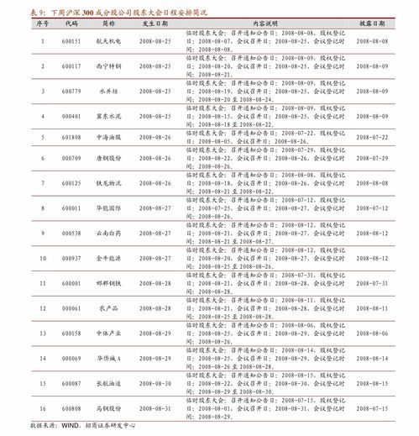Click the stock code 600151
click(72, 40)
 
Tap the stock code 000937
click(72, 257)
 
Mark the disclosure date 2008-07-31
click(378, 282)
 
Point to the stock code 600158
click(72, 333)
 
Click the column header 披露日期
click(378, 25)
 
